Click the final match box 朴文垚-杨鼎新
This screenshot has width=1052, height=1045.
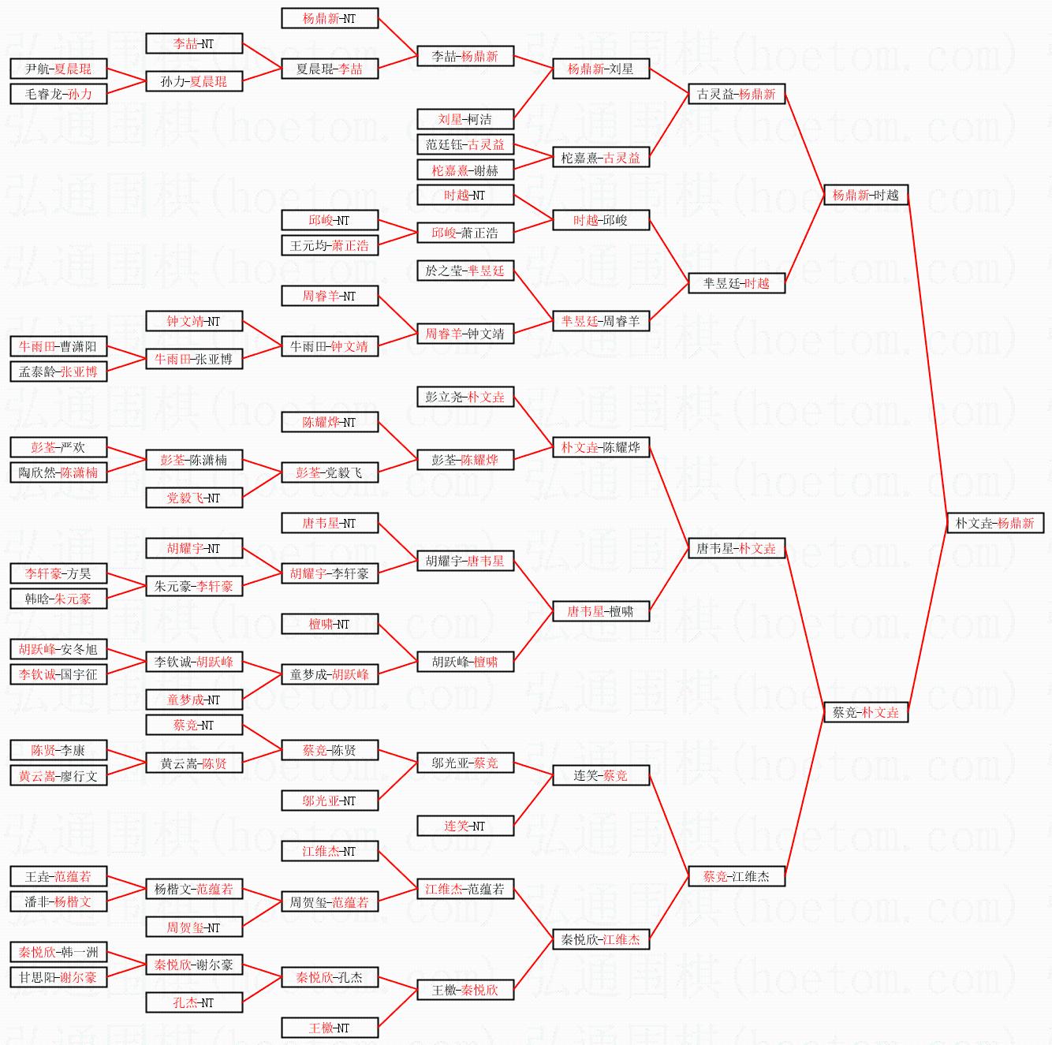(994, 523)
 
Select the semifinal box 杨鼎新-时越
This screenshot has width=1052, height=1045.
(865, 195)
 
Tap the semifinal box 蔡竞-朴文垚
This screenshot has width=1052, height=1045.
(865, 712)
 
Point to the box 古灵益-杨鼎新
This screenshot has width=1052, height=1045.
(736, 94)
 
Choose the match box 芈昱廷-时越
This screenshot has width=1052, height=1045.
(736, 283)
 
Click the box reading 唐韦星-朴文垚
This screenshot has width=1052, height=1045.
(736, 548)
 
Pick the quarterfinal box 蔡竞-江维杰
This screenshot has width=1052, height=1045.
(736, 876)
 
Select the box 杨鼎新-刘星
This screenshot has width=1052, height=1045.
(600, 69)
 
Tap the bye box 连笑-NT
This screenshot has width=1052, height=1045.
(464, 826)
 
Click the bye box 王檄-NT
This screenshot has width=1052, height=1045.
(329, 1028)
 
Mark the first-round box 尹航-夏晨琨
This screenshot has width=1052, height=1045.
(58, 69)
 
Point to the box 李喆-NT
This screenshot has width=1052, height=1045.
(193, 43)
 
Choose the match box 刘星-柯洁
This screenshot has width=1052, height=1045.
(464, 119)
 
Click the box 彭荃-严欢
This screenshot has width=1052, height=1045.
(58, 447)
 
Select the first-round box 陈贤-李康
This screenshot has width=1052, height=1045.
(58, 750)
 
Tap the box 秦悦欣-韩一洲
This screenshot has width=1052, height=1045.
(58, 952)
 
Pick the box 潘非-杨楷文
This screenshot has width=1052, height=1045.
(58, 901)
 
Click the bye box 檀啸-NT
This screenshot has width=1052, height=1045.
(329, 624)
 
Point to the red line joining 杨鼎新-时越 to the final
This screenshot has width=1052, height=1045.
(927, 359)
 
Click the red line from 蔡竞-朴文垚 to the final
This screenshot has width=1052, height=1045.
(927, 618)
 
